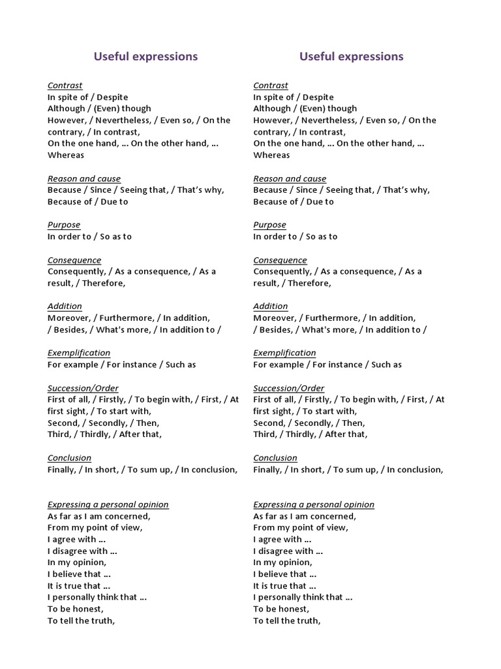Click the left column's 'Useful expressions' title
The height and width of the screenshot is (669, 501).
pyautogui.click(x=145, y=57)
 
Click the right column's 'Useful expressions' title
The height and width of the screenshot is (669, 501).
pyautogui.click(x=351, y=57)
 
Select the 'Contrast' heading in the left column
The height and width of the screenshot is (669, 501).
pyautogui.click(x=65, y=86)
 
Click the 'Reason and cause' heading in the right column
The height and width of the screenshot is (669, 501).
pyautogui.click(x=290, y=179)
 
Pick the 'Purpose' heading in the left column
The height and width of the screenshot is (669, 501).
pyautogui.click(x=64, y=225)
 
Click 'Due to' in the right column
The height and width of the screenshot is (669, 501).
pyautogui.click(x=320, y=202)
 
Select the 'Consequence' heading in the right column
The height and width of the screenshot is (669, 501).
pyautogui.click(x=280, y=260)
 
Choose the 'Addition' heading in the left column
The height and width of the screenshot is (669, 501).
pyautogui.click(x=65, y=306)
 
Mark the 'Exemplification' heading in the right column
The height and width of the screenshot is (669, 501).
pyautogui.click(x=284, y=353)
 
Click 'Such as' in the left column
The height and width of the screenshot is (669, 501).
pyautogui.click(x=181, y=365)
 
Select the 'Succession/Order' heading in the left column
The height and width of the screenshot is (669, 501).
pyautogui.click(x=83, y=388)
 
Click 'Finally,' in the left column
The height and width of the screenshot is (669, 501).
pyautogui.click(x=63, y=470)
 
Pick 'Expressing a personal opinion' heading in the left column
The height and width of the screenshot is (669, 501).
pyautogui.click(x=108, y=504)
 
